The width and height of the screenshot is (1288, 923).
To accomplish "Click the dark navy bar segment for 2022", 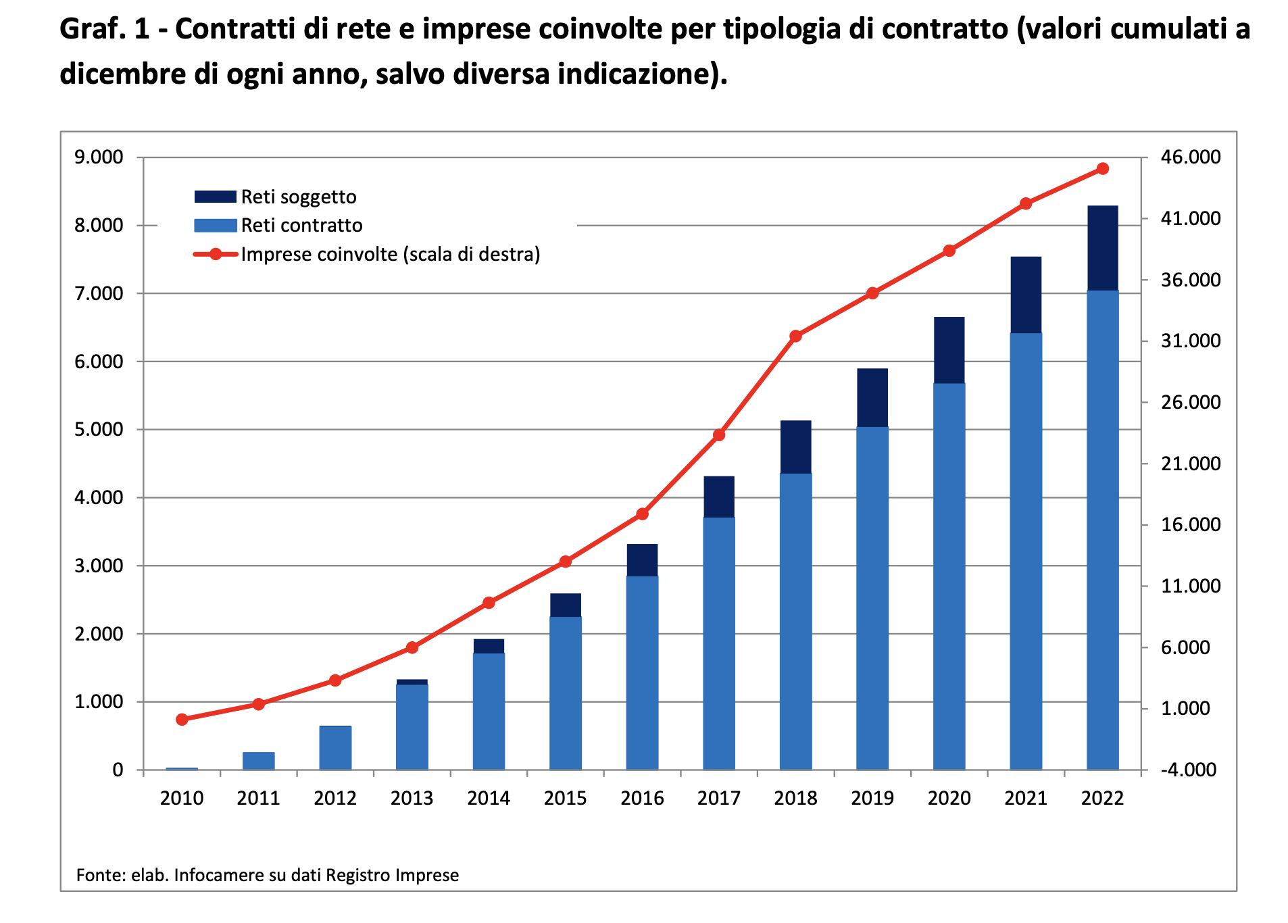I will [1102, 248].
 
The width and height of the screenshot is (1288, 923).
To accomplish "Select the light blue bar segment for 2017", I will [718, 642].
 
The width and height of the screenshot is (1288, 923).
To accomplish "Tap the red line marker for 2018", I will [795, 336].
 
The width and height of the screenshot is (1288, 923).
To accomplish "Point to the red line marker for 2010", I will [182, 720].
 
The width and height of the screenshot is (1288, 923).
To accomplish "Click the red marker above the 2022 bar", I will [1102, 168].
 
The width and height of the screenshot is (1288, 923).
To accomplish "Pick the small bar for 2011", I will [258, 761].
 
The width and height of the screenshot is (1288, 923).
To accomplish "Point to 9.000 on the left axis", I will [99, 157].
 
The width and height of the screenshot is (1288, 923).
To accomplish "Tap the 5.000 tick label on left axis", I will [99, 430].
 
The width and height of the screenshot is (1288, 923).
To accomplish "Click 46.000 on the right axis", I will [1191, 157].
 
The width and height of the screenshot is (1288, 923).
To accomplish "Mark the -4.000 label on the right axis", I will [1188, 770].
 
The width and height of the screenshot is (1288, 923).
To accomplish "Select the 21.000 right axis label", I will [1191, 464].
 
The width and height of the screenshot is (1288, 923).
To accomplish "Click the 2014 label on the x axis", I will [489, 799].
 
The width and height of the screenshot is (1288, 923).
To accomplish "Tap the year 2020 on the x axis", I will [949, 799].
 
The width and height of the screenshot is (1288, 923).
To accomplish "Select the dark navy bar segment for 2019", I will [872, 397].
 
